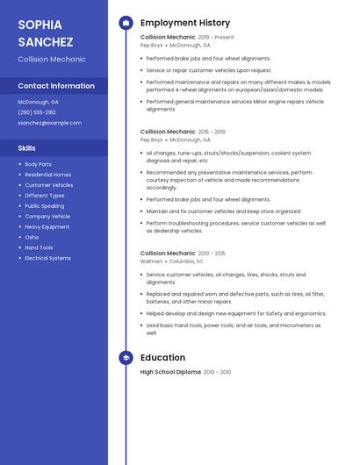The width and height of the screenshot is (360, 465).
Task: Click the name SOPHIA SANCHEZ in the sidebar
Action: (46, 32)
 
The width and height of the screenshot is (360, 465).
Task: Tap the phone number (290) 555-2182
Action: (37, 112)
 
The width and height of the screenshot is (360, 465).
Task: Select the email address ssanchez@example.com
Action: (49, 123)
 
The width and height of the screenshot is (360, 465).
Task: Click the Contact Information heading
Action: (56, 86)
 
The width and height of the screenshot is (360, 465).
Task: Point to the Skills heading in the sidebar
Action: (27, 148)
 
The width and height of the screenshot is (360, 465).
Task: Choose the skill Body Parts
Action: (38, 164)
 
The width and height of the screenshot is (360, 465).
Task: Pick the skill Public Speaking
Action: (44, 206)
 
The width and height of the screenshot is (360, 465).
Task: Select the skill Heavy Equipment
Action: (47, 227)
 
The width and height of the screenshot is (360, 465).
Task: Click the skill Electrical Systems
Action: (47, 258)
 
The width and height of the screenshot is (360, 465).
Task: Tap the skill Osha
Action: (32, 237)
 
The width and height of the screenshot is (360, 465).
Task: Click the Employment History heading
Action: (185, 23)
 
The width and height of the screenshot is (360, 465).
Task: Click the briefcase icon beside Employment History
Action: (126, 23)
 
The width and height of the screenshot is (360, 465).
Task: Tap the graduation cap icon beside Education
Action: (126, 358)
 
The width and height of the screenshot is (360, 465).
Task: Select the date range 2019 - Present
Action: (216, 38)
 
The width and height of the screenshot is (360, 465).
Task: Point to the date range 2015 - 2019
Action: (212, 132)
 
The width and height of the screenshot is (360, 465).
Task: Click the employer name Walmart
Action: (151, 261)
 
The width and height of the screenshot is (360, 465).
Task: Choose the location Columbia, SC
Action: (186, 261)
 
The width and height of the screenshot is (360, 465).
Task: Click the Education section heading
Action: (162, 358)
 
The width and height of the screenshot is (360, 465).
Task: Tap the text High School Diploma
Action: (170, 372)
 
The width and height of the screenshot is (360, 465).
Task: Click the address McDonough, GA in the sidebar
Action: (38, 102)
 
